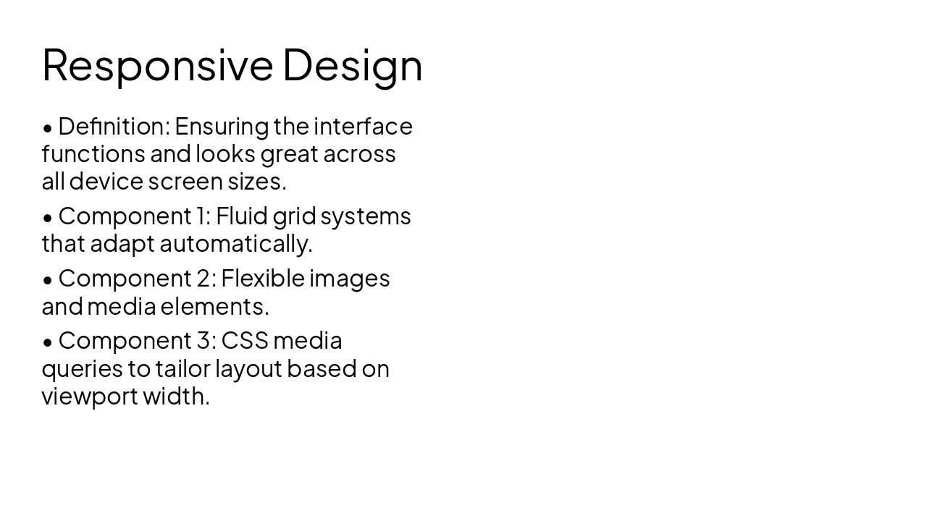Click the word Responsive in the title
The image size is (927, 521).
click(x=157, y=65)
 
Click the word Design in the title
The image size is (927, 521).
click(x=352, y=65)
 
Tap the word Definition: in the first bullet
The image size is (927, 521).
click(x=114, y=127)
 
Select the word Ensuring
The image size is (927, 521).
click(x=222, y=127)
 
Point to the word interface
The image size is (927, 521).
click(x=363, y=127)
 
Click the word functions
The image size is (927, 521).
click(x=93, y=154)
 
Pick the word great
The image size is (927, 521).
click(x=289, y=154)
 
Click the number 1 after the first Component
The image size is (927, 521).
click(x=201, y=216)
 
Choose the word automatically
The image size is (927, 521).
click(x=235, y=244)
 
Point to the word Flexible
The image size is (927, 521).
click(x=263, y=279)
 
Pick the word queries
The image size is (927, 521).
click(x=82, y=369)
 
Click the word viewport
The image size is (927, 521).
click(x=89, y=397)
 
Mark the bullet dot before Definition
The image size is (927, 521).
click(x=48, y=128)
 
